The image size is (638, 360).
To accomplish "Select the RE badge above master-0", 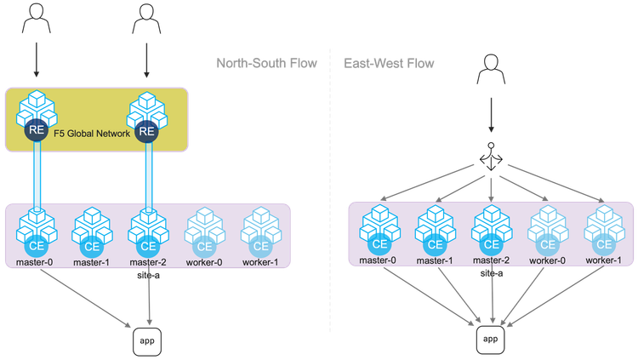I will pyautogui.click(x=36, y=131).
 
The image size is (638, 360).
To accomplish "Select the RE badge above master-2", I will pyautogui.click(x=146, y=131).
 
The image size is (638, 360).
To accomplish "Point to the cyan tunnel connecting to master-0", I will pyautogui.click(x=37, y=174).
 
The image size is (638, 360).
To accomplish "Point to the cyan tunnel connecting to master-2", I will pyautogui.click(x=147, y=174).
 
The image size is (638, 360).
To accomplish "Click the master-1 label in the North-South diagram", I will pyautogui.click(x=91, y=260).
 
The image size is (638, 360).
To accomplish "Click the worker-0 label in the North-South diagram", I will pyautogui.click(x=203, y=260).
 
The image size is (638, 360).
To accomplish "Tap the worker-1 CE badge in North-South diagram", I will pyautogui.click(x=259, y=246).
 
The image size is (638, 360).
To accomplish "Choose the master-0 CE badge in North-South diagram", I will pyautogui.click(x=36, y=246).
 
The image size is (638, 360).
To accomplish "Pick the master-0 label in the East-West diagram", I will pyautogui.click(x=377, y=260).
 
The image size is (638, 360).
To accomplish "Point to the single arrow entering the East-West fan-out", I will pyautogui.click(x=490, y=114).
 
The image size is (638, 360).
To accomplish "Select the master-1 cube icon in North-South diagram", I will pyautogui.click(x=91, y=226).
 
